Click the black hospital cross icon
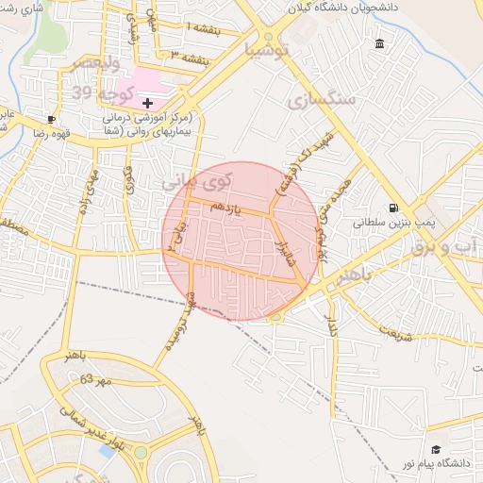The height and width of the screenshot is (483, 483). point(147,102)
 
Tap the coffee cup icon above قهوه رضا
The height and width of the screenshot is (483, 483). point(50,120)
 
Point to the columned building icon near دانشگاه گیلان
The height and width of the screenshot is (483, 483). point(379,44)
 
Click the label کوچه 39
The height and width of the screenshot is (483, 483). point(99,92)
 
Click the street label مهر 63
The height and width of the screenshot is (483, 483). point(95,379)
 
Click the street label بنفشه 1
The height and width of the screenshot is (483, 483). point(206,29)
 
